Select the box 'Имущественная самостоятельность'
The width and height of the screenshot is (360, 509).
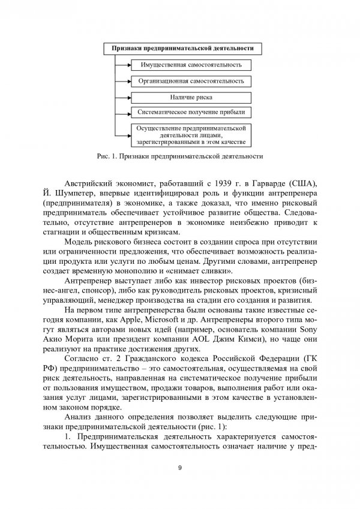[191, 65]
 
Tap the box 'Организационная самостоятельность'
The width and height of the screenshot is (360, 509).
[191, 80]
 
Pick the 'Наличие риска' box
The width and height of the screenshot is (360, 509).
[191, 97]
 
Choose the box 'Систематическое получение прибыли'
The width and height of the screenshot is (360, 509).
[191, 112]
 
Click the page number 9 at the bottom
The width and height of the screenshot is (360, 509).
[180, 468]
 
